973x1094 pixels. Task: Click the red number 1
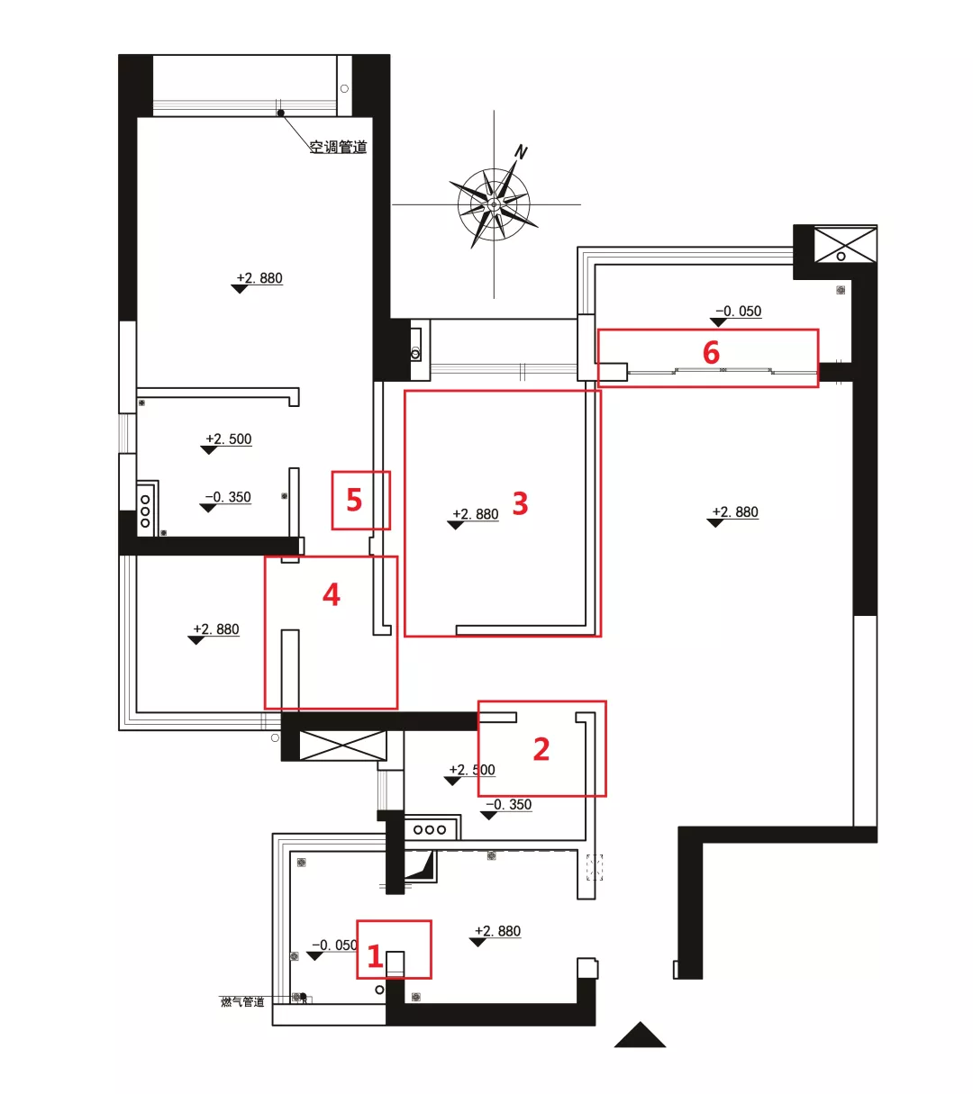(x=376, y=956)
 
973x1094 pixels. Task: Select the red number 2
(x=541, y=748)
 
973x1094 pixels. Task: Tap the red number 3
(x=520, y=503)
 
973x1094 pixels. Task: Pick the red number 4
(x=332, y=594)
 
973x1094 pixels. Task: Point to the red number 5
(x=354, y=500)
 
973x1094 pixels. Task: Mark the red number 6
(x=711, y=352)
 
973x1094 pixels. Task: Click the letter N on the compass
(x=521, y=152)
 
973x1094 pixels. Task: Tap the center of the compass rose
(x=494, y=205)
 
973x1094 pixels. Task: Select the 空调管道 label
(x=338, y=147)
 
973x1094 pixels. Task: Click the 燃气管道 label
(x=242, y=1001)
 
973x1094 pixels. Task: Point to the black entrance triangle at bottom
(x=640, y=1036)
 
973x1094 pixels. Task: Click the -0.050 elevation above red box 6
(x=738, y=312)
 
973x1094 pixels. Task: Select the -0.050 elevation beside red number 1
(x=334, y=945)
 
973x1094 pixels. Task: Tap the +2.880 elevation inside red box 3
(x=475, y=514)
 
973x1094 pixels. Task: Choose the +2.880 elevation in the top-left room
(x=259, y=278)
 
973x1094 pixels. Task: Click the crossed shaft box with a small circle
(x=844, y=245)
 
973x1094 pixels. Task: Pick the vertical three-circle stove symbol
(x=145, y=511)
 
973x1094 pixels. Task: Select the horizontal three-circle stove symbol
(x=430, y=829)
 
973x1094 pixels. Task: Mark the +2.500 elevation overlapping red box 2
(x=472, y=770)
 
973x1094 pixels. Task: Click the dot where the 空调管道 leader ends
(x=281, y=113)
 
